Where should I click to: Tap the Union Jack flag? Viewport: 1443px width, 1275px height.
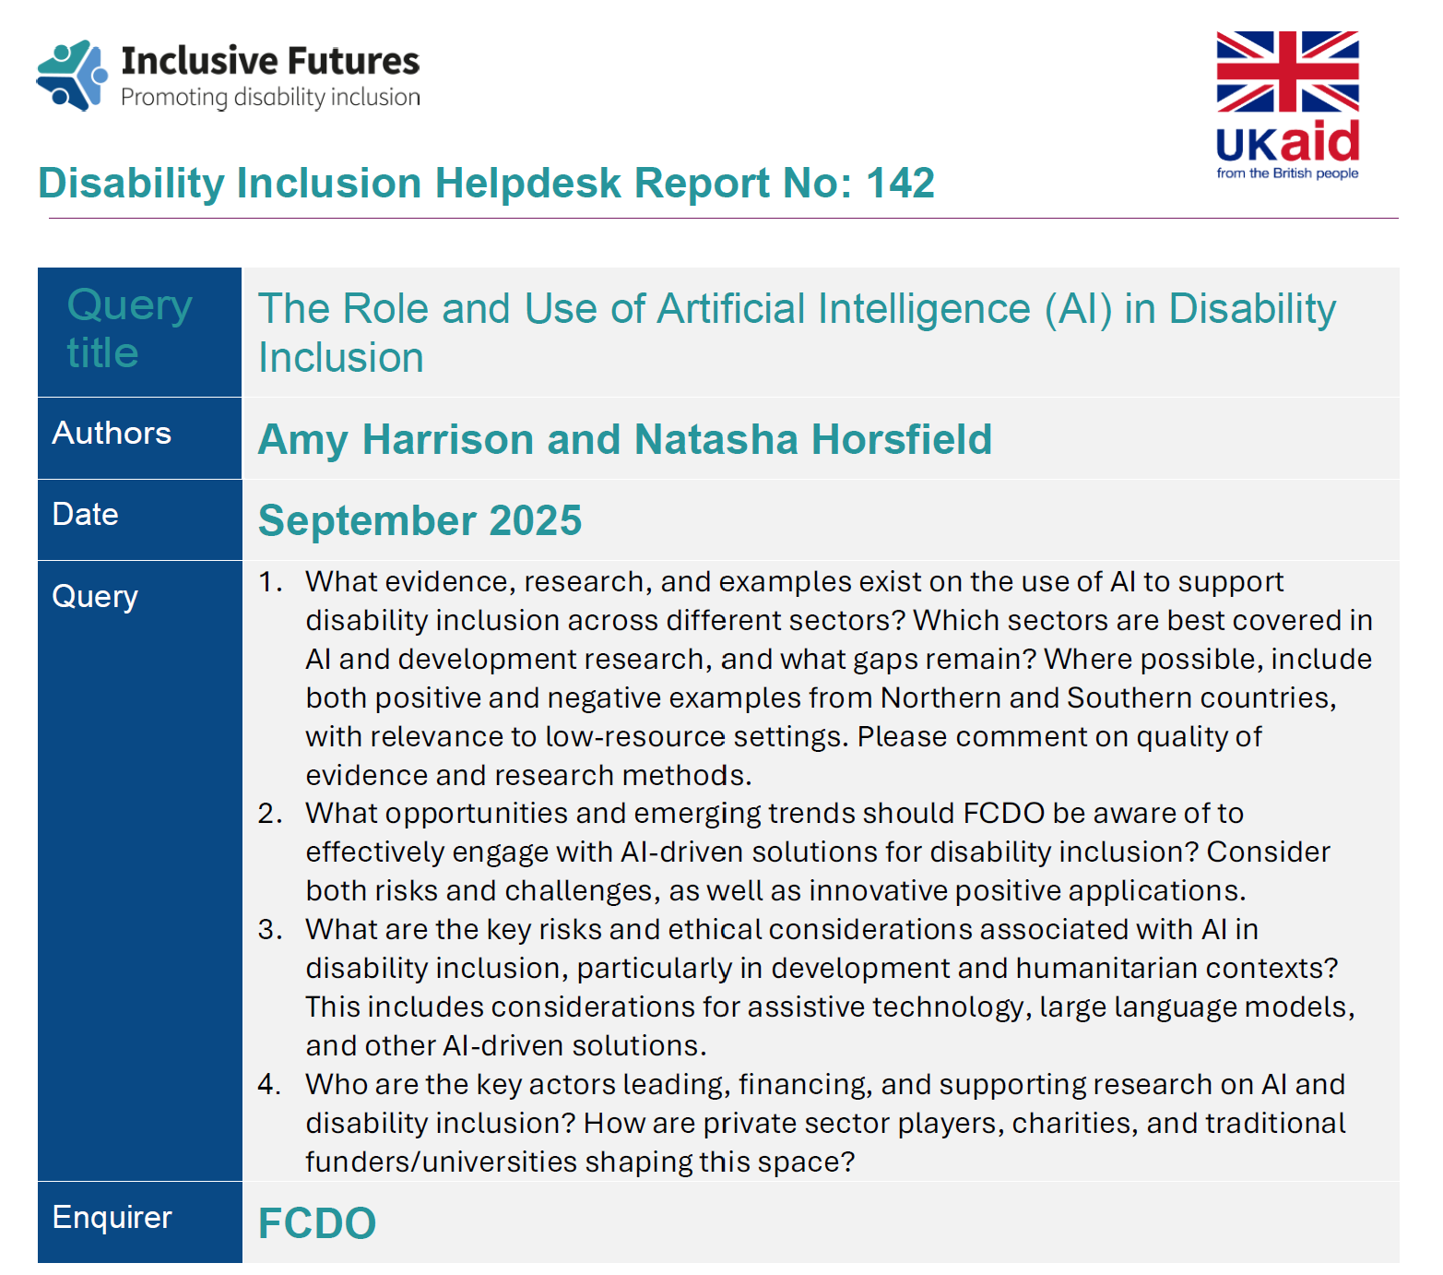(1287, 72)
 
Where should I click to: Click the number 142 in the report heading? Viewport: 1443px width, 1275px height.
(900, 183)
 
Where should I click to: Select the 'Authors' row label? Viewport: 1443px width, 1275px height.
(112, 433)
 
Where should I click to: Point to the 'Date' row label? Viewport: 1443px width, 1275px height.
(86, 514)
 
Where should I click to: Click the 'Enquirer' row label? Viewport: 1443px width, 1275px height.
(112, 1217)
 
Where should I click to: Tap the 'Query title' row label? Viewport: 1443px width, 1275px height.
(130, 328)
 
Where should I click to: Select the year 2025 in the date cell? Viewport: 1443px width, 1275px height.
(536, 520)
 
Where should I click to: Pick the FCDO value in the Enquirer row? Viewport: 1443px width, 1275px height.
(317, 1223)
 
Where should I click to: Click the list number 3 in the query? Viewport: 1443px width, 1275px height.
(268, 929)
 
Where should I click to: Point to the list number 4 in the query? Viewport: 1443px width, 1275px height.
(268, 1084)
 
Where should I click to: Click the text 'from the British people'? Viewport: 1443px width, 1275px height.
(1287, 173)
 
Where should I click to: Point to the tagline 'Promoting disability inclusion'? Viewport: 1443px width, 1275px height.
(270, 98)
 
